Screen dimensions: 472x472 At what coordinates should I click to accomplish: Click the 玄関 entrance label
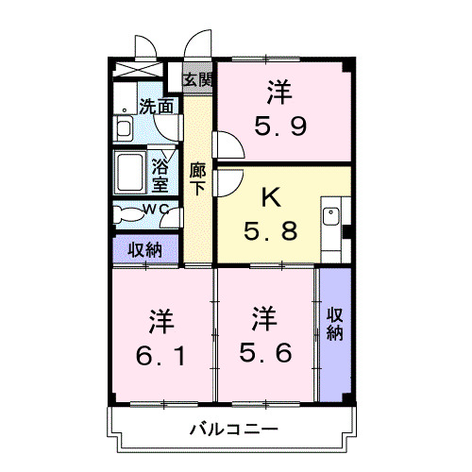click(197, 79)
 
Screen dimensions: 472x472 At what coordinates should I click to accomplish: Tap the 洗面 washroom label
click(156, 107)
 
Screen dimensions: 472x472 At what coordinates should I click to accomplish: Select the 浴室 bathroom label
click(160, 175)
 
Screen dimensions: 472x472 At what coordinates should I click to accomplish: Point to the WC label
click(156, 209)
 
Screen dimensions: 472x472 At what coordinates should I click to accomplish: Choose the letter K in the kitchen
click(270, 198)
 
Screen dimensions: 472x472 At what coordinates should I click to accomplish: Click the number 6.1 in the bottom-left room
click(159, 355)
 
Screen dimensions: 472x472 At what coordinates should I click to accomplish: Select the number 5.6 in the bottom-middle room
click(264, 355)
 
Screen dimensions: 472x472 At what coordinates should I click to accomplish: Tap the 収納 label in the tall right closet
click(335, 323)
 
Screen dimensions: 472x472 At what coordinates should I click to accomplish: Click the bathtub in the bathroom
click(131, 172)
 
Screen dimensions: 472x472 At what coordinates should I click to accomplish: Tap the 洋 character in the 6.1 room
click(159, 321)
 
